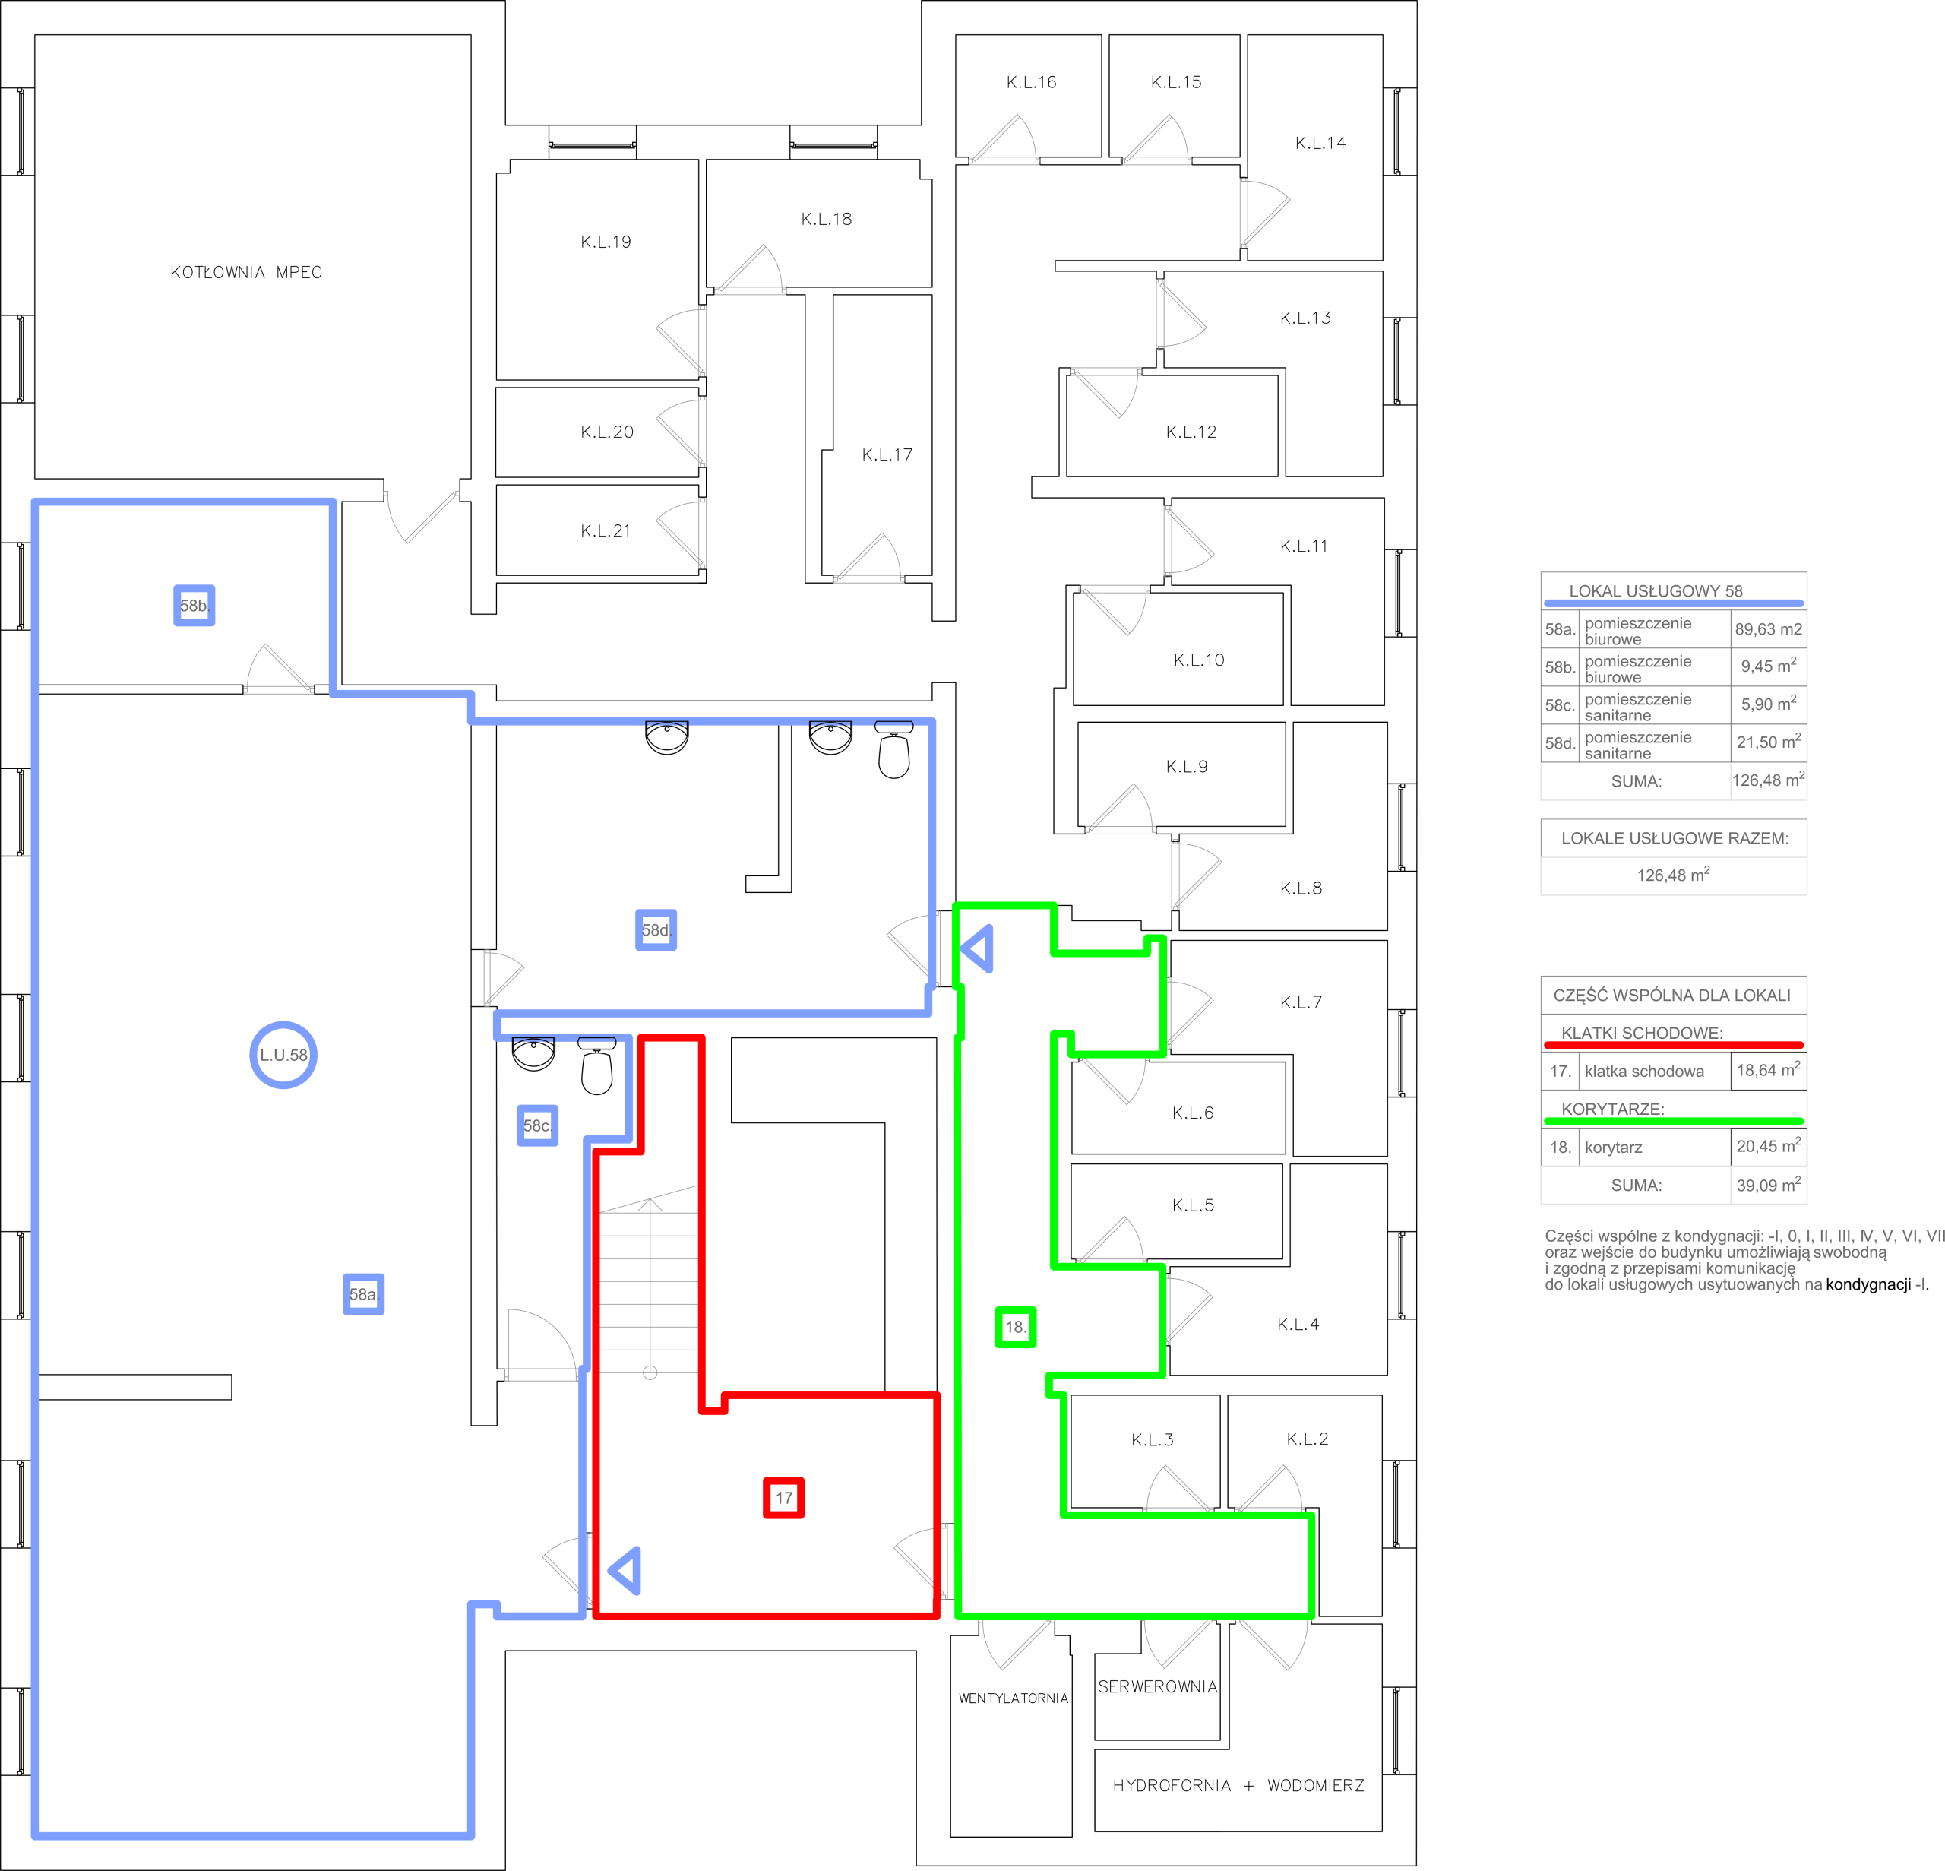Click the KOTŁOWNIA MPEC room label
click(246, 272)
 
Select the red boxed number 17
click(784, 1498)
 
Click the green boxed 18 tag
click(1015, 1327)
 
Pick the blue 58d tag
click(656, 930)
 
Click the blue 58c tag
click(537, 1125)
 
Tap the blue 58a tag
click(363, 1294)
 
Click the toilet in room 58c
click(596, 1066)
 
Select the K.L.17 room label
click(887, 454)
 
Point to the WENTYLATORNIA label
click(1014, 1698)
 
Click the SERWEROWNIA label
click(1157, 1686)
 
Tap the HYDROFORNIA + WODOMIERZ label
click(1238, 1786)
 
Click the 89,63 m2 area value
click(1769, 629)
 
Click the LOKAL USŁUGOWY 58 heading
click(1656, 590)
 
